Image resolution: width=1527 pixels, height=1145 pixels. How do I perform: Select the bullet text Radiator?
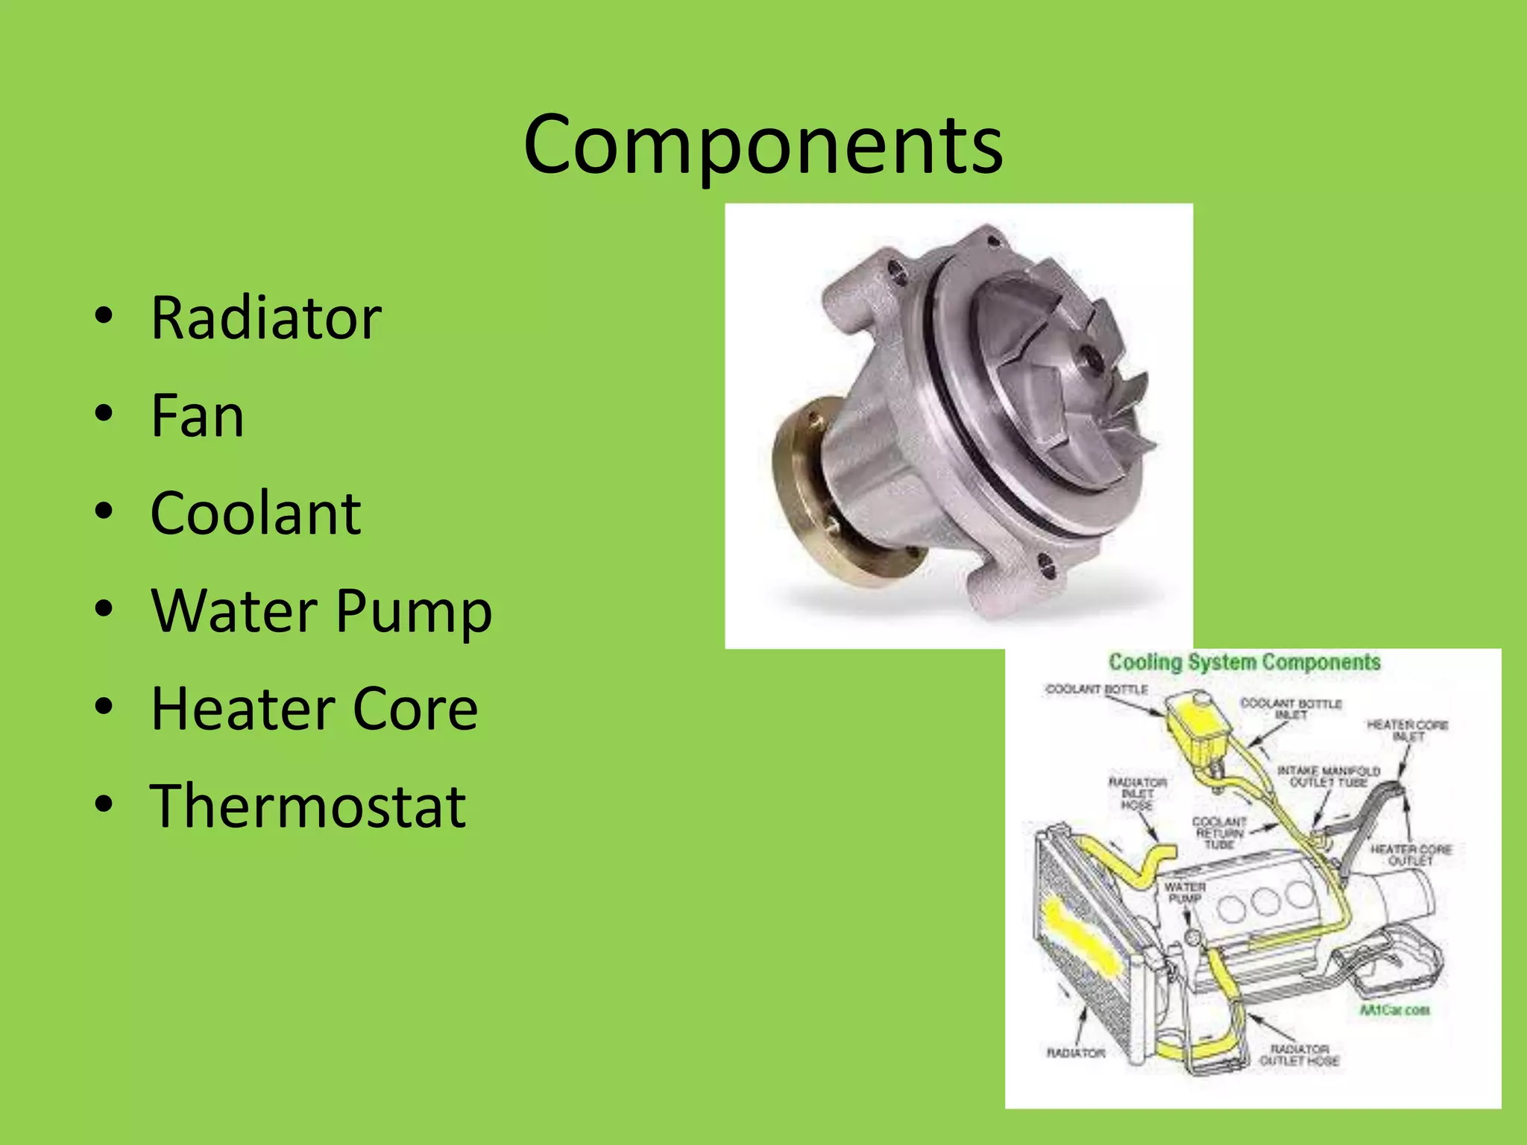tap(266, 318)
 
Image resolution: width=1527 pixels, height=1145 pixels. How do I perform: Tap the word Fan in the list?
tap(197, 416)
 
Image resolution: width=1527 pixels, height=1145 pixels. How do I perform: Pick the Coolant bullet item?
tap(256, 514)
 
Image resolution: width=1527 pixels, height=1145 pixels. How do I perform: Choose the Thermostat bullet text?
tap(308, 807)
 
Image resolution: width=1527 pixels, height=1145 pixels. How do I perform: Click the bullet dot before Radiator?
tap(104, 316)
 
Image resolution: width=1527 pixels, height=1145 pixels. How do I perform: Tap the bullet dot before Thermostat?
tap(104, 804)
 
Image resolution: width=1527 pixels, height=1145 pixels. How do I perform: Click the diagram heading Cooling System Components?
tap(1244, 662)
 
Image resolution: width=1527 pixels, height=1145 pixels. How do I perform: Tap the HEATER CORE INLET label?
tap(1407, 731)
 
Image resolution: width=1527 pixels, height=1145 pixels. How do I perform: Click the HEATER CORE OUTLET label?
tap(1410, 855)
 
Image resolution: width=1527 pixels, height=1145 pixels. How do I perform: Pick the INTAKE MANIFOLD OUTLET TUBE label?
tap(1329, 776)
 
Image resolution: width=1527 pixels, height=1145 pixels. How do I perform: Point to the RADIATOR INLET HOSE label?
tap(1137, 793)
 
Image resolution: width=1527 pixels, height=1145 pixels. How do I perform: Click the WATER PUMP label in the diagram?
tap(1185, 892)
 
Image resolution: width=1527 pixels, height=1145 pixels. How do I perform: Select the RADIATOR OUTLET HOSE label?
tap(1300, 1055)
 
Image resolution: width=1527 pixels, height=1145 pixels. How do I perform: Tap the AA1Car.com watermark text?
tap(1394, 1010)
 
